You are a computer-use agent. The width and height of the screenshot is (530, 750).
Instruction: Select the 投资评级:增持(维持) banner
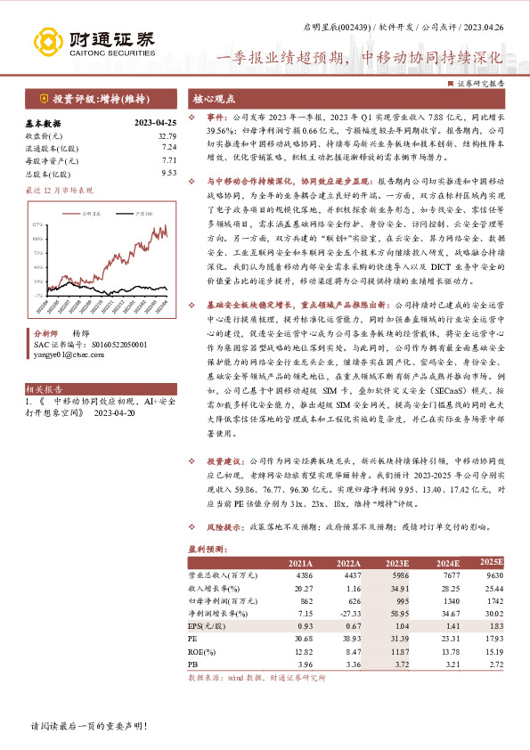click(95, 98)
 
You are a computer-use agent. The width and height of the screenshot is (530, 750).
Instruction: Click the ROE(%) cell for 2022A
click(348, 652)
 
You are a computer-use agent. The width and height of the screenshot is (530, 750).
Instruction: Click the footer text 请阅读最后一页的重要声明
click(89, 727)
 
